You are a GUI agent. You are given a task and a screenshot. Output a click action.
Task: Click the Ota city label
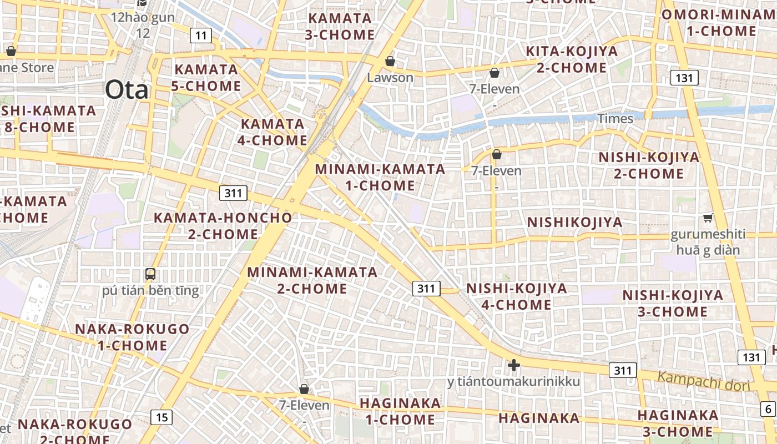(127, 89)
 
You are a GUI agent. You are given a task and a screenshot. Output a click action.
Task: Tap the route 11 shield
(201, 36)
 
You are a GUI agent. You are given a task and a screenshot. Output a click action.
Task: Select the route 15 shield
(161, 417)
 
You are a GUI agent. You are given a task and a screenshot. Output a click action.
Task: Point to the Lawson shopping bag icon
(390, 60)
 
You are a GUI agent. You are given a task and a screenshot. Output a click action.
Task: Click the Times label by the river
(615, 119)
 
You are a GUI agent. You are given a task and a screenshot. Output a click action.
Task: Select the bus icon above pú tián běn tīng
(150, 274)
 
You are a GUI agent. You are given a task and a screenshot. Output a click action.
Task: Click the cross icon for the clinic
(514, 365)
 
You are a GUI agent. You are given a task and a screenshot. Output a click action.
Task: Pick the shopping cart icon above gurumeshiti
(708, 218)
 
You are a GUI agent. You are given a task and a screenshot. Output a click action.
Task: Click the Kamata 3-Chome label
(340, 26)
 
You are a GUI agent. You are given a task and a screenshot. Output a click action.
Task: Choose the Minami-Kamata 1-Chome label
(380, 177)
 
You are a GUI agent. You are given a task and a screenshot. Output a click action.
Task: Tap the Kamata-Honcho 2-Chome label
(223, 226)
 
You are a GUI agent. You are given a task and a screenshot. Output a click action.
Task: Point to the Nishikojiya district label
(574, 223)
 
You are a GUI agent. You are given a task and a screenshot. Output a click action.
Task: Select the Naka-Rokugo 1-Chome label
(132, 337)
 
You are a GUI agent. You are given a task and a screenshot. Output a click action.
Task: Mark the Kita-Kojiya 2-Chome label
(571, 59)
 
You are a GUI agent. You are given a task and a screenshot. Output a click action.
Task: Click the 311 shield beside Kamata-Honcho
(234, 193)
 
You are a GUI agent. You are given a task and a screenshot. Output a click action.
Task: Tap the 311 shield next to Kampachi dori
(623, 370)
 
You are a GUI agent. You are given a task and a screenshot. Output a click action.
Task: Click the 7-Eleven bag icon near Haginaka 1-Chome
(304, 389)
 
